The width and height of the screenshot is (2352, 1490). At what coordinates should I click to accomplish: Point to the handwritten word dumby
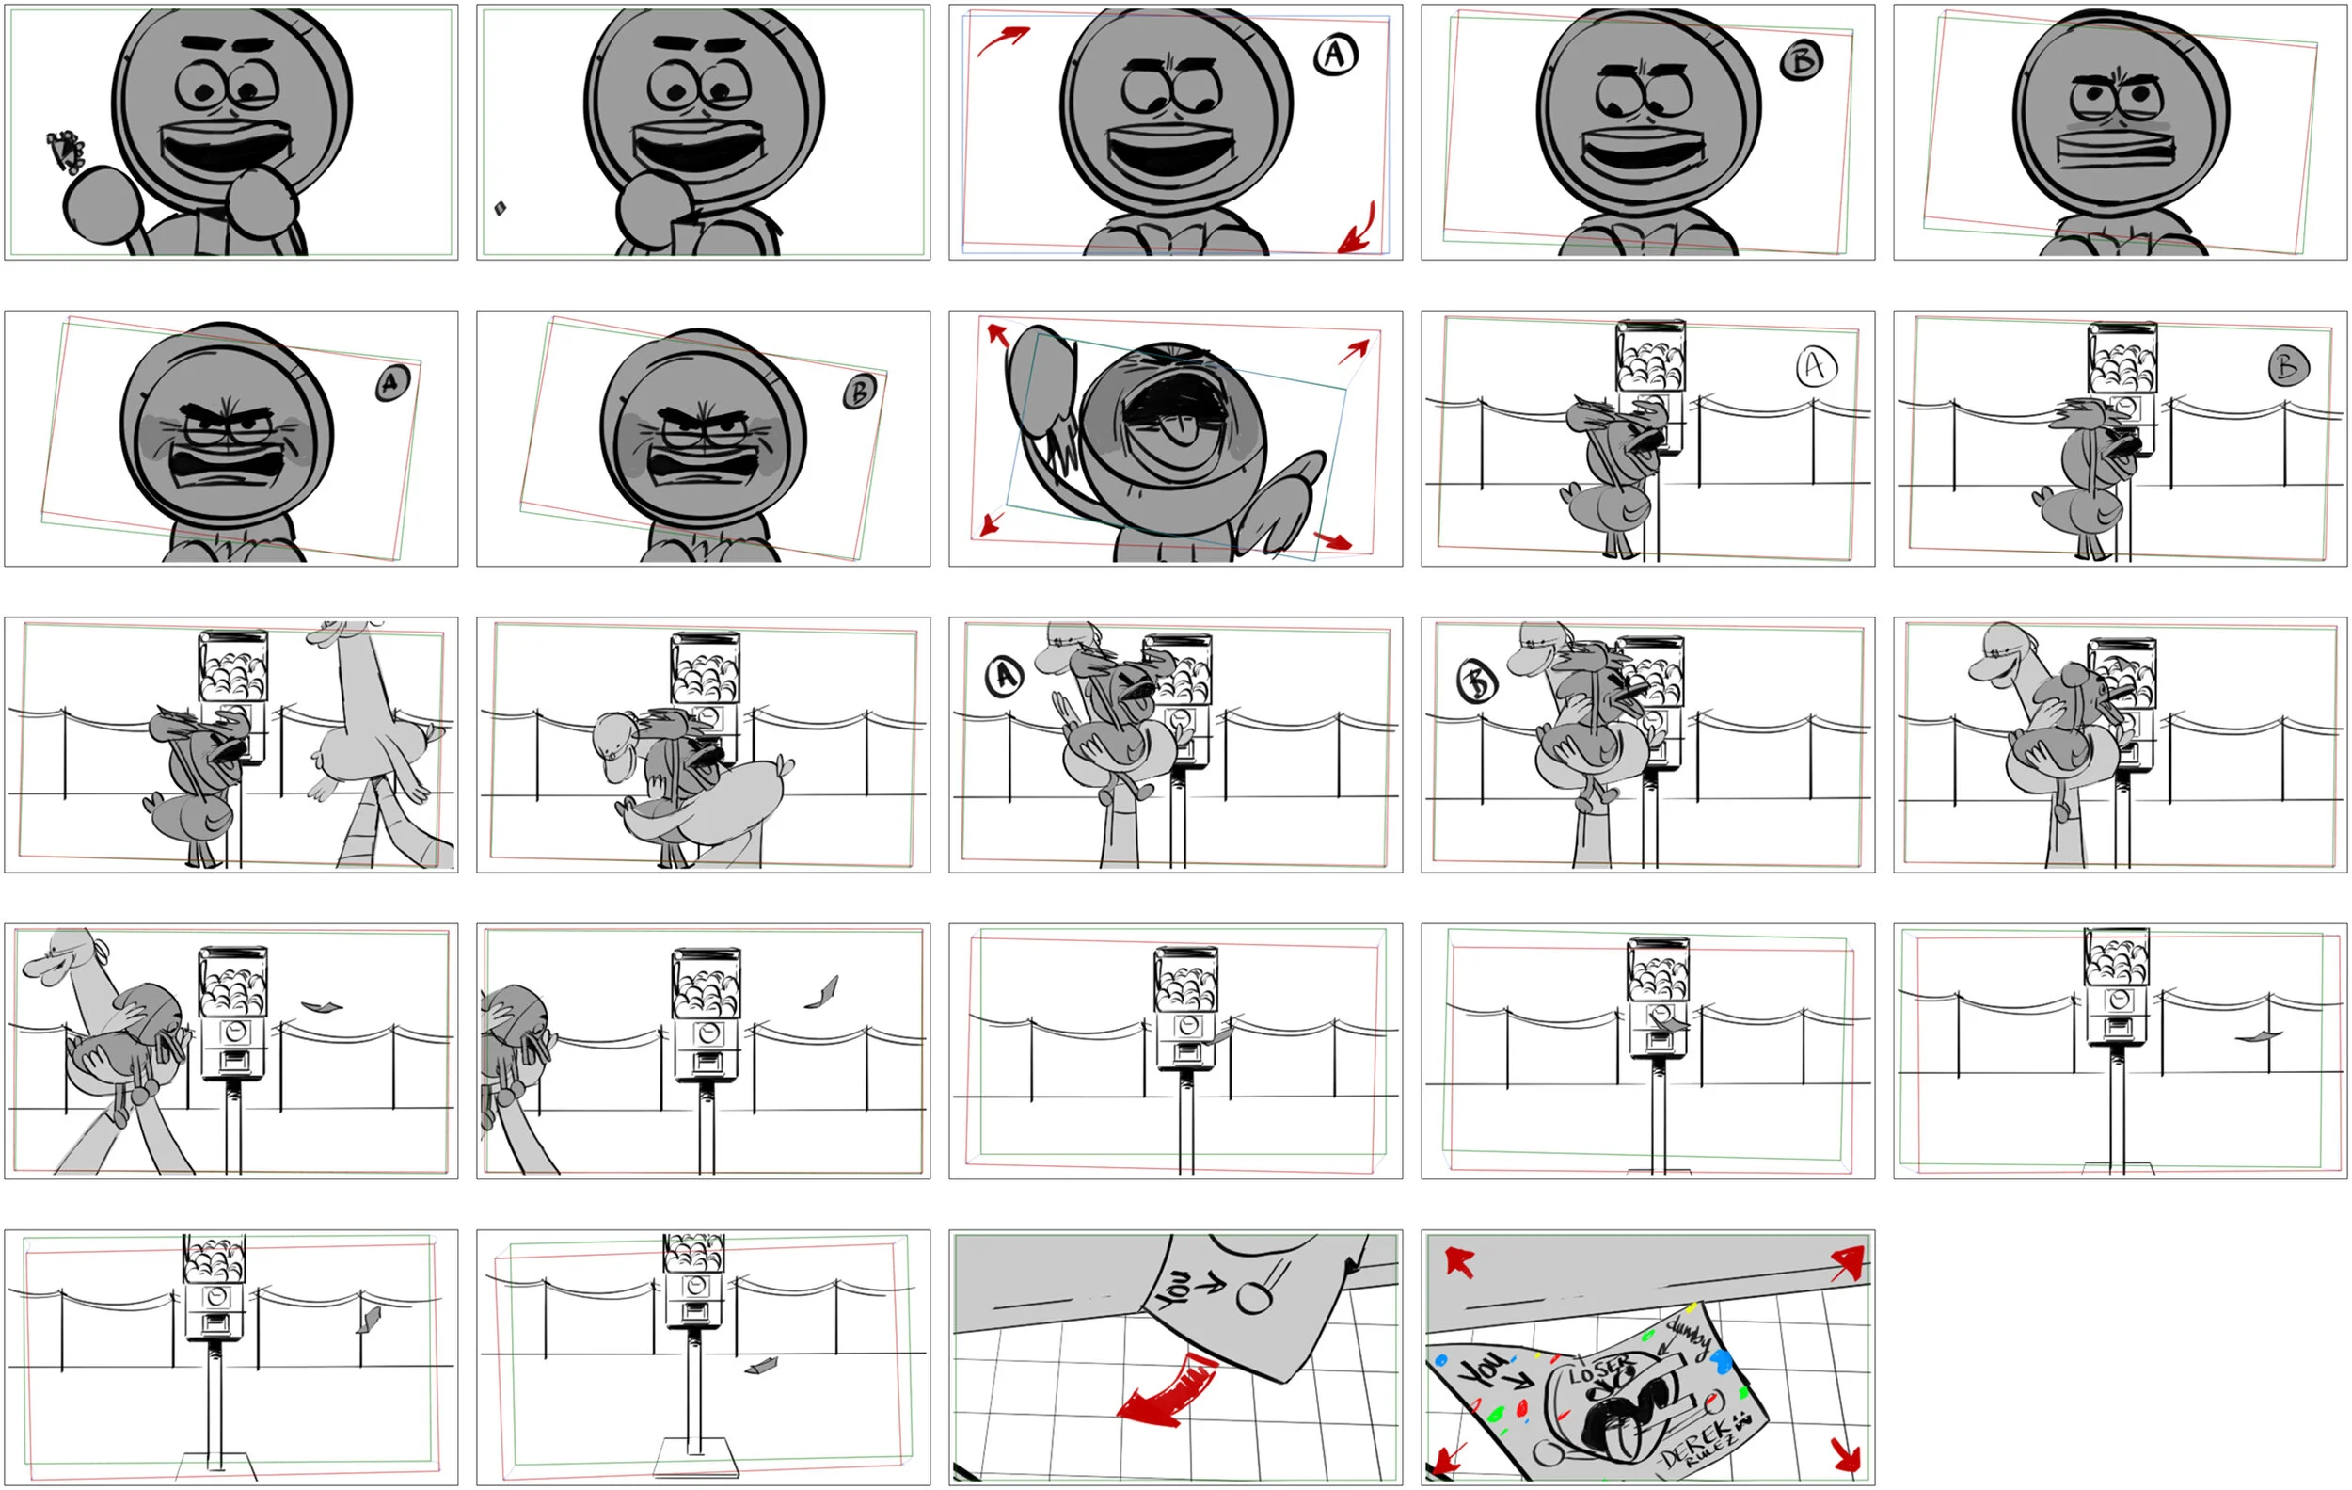1690,1338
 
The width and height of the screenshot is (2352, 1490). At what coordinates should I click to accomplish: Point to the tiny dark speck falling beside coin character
501,208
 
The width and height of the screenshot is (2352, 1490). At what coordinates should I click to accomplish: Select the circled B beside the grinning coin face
1801,61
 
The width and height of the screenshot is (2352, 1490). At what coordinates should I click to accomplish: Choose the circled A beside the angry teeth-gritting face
391,383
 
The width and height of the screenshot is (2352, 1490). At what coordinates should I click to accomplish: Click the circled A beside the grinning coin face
1335,55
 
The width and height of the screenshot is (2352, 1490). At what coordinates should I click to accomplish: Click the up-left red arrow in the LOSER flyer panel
1458,1262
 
